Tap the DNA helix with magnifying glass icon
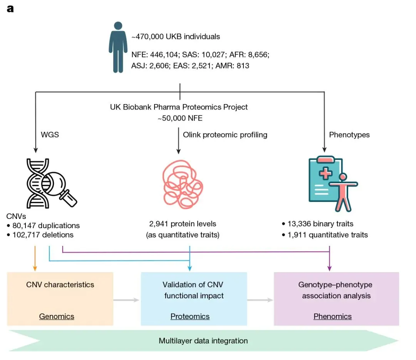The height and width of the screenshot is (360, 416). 50,183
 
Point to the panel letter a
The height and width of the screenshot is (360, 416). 10,8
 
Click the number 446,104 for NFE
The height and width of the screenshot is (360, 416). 162,55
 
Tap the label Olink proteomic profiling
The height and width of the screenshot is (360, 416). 225,135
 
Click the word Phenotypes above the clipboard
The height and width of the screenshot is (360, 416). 349,135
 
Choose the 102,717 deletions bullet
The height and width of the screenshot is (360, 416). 43,235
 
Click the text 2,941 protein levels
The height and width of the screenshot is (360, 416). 183,224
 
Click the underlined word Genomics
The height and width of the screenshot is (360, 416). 57,316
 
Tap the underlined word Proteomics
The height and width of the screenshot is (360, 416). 190,316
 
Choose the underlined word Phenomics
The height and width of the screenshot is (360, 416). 332,316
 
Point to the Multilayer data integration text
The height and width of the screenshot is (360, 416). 203,341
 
